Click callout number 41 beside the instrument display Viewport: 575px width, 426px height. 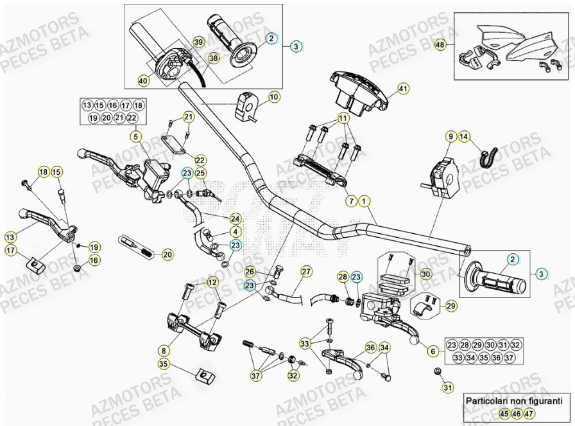tap(402, 88)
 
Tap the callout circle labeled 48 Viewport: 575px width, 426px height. tap(440, 45)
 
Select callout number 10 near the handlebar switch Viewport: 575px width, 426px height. tap(274, 97)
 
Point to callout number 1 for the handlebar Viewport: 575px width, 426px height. tap(364, 201)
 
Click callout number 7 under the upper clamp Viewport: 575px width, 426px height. tap(351, 201)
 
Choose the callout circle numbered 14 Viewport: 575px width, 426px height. tap(464, 136)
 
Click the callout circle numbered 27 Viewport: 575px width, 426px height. tap(306, 272)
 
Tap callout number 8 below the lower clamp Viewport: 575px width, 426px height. tap(164, 350)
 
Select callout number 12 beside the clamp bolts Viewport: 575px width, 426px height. tap(212, 282)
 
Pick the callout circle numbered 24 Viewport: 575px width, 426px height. tap(236, 218)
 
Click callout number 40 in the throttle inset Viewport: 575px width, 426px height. tap(142, 81)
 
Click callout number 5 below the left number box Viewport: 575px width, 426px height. tap(135, 136)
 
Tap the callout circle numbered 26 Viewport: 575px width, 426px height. tap(250, 272)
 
